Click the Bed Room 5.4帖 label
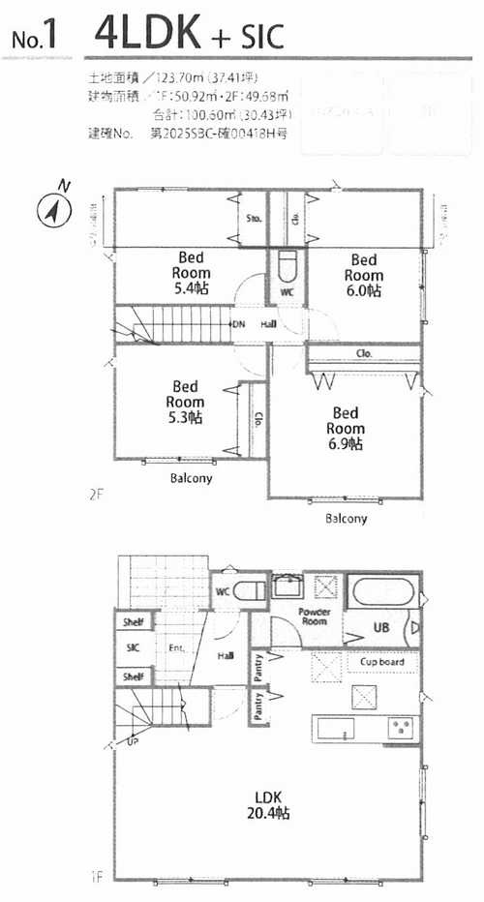(190, 274)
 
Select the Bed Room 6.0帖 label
(363, 275)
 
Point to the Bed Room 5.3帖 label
(184, 402)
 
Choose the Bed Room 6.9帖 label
(345, 429)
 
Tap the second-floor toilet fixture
(287, 266)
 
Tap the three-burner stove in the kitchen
(401, 728)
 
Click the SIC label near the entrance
(133, 648)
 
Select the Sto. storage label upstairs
(254, 218)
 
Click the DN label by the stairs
(238, 324)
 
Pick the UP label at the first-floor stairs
(132, 742)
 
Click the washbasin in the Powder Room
(287, 586)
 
